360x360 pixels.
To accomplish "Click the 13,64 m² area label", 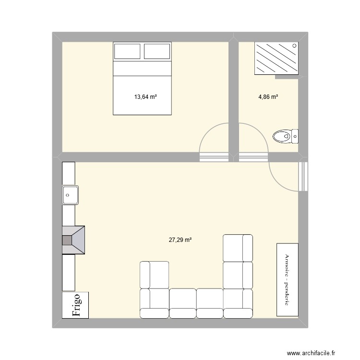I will [145, 97].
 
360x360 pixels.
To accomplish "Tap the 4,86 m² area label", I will [268, 97].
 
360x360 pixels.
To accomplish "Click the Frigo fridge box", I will [75, 305].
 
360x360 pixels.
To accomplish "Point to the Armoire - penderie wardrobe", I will [287, 279].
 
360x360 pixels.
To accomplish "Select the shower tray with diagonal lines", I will [276, 59].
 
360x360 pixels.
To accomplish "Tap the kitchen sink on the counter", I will [71, 195].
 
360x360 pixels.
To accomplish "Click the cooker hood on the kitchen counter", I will [73, 239].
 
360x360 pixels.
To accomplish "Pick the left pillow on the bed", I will [127, 51].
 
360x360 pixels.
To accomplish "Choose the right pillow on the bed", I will [157, 51].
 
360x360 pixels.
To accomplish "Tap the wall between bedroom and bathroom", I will [234, 96].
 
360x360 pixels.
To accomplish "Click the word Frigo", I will [76, 305].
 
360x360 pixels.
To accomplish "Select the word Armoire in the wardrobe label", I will [287, 265].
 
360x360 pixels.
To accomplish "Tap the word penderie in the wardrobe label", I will [287, 294].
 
